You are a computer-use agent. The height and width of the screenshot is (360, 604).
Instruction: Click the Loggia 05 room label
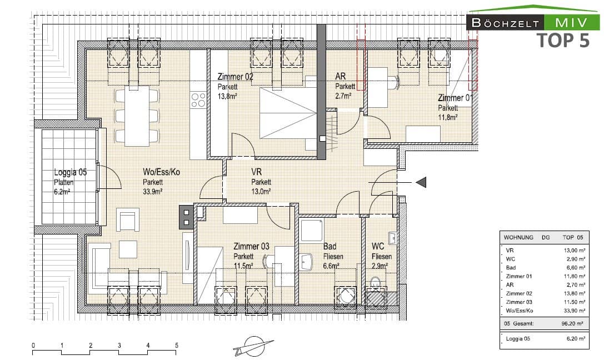pos(70,172)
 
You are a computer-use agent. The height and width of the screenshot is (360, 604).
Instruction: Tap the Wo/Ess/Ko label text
pos(161,172)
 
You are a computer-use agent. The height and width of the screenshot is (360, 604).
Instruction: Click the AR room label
pos(341,77)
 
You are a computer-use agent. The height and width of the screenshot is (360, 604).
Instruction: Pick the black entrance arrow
pos(421,182)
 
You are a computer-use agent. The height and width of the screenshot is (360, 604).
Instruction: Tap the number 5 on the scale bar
pos(177,346)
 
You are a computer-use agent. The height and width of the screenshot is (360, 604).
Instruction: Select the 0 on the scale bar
pos(33,346)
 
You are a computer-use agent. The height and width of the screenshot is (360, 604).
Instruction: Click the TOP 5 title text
pos(562,40)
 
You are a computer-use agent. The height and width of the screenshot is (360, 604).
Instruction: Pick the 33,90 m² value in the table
pos(573,310)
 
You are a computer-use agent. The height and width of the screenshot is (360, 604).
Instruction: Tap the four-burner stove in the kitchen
pos(198,99)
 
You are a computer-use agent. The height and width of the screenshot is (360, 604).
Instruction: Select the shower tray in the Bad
pos(312,229)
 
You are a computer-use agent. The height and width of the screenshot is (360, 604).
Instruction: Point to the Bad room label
pos(330,247)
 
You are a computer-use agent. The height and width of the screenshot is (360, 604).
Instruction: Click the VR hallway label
pos(257,172)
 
